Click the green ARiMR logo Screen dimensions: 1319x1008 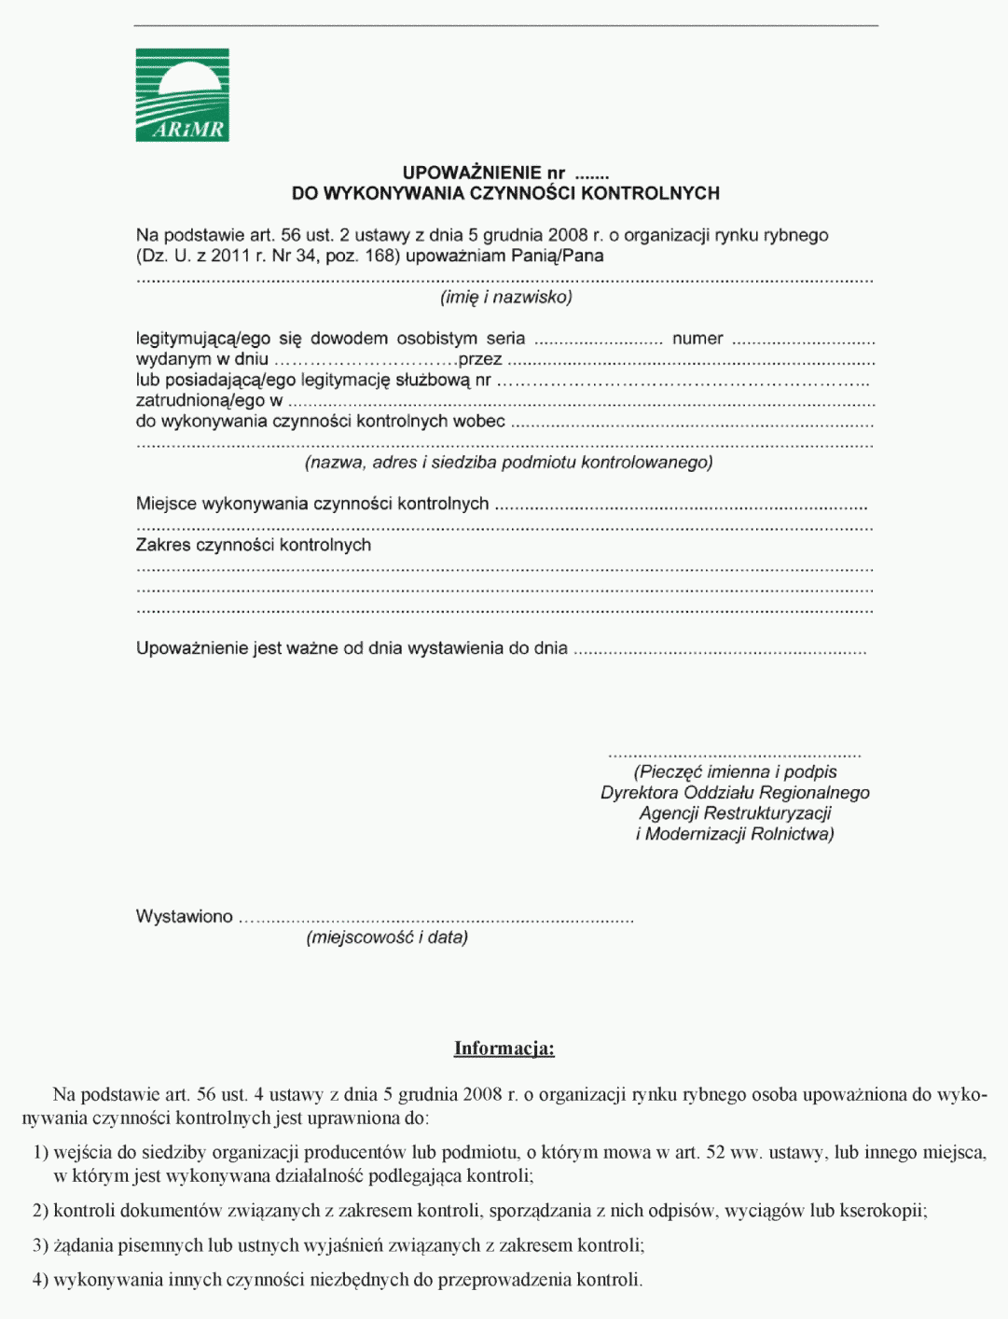click(x=182, y=95)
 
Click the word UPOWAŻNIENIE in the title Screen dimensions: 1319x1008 click(x=472, y=173)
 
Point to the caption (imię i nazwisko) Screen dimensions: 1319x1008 click(x=505, y=297)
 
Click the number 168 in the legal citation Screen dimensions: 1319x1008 click(x=380, y=256)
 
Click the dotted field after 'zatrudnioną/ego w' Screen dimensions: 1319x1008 click(x=581, y=403)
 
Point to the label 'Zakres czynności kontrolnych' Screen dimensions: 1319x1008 click(x=254, y=545)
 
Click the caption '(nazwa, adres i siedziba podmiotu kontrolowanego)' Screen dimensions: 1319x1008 click(x=508, y=463)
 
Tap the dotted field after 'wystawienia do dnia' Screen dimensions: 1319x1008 click(x=719, y=651)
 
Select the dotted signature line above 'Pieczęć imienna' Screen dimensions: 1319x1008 click(x=734, y=755)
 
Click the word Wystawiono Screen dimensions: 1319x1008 click(x=185, y=916)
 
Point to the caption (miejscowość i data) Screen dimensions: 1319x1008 click(x=387, y=937)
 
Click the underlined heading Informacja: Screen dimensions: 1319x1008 click(x=504, y=1048)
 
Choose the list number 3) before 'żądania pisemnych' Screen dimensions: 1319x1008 click(x=40, y=1245)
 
